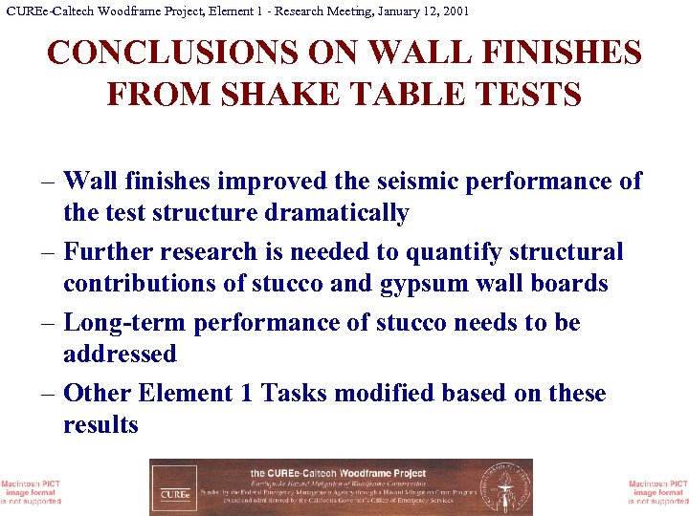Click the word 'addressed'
120,355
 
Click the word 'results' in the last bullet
100,425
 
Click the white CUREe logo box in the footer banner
174,487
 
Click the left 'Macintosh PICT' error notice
31,488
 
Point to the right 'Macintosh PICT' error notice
657,488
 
